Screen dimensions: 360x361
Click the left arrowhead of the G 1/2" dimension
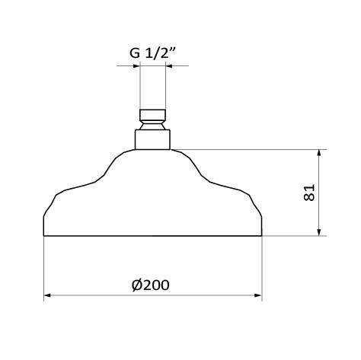[137, 66]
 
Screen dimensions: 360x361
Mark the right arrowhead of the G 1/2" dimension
[169, 66]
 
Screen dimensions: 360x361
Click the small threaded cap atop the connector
[153, 116]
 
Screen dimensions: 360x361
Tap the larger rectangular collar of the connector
[153, 139]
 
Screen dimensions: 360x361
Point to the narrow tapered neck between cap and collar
[153, 126]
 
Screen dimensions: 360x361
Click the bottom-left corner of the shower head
[43, 236]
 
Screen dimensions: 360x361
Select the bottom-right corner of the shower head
[263, 236]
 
